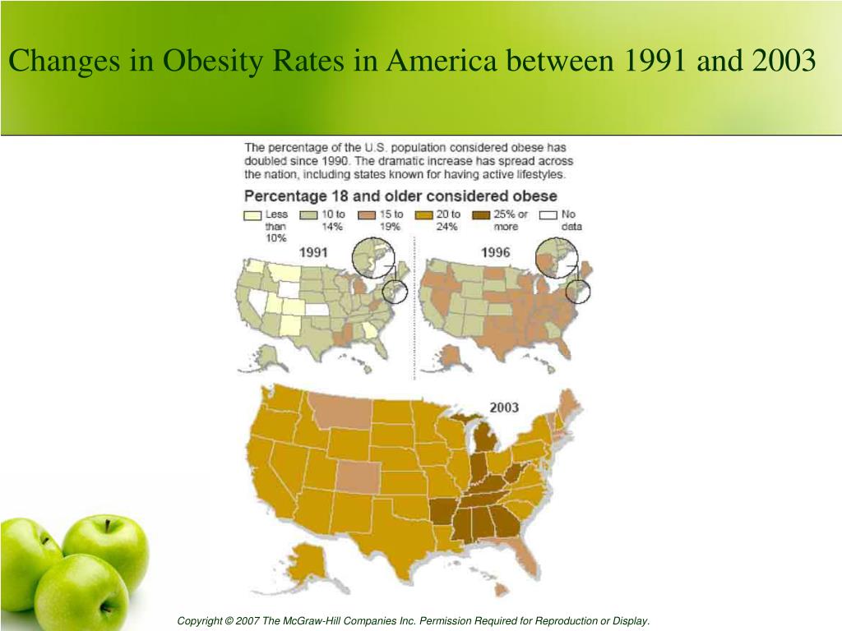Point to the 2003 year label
tap(503, 407)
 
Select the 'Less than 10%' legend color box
tap(252, 215)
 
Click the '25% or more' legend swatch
tap(481, 215)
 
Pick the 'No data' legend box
tap(548, 215)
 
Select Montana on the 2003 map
tap(337, 411)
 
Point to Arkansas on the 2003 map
tap(442, 511)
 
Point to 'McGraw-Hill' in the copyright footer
tap(328, 621)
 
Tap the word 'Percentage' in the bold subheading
tap(283, 196)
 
